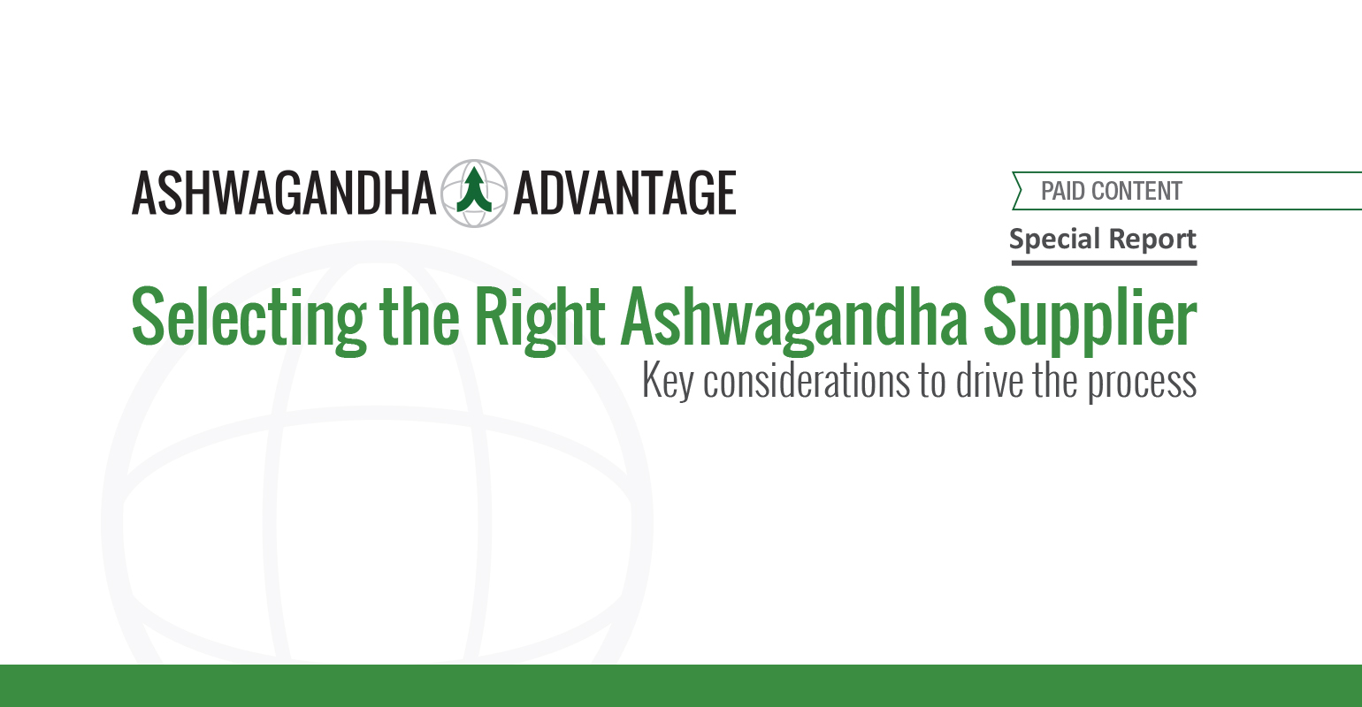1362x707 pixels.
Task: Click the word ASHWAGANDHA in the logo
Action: (283, 194)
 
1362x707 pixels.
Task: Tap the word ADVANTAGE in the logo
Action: (625, 194)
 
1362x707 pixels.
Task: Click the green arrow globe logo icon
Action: (474, 194)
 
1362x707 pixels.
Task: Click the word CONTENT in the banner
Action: (1137, 191)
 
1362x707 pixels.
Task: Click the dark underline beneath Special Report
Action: (1104, 263)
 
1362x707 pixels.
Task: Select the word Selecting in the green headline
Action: (249, 320)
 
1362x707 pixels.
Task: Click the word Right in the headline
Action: (539, 320)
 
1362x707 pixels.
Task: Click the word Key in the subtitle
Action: (668, 382)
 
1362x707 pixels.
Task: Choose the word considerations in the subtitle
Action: (807, 380)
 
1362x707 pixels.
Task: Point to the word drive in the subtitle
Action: (990, 380)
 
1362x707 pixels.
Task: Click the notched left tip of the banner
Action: (1021, 191)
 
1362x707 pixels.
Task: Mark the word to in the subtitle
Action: (932, 382)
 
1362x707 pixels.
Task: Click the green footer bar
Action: (681, 686)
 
